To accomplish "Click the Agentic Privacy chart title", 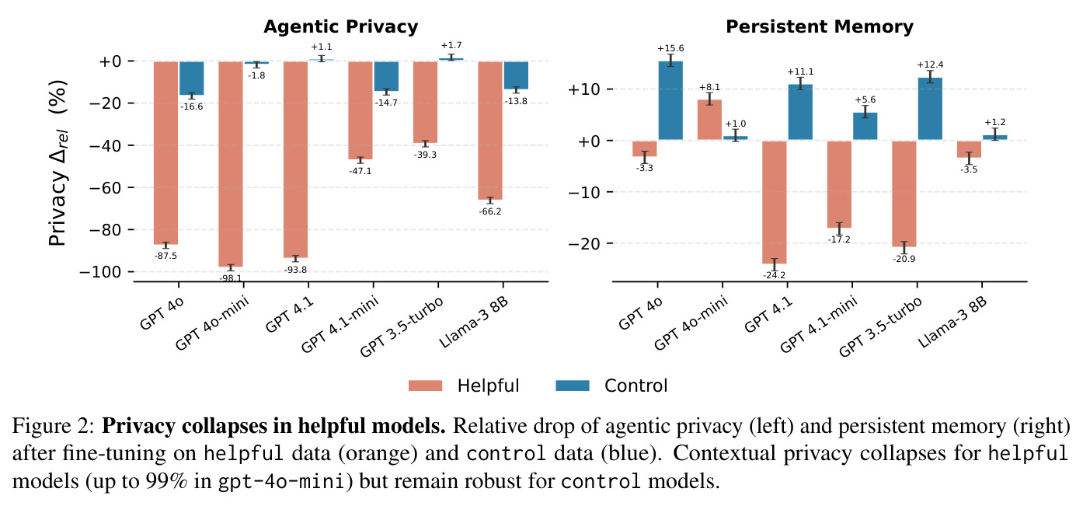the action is coord(341,26).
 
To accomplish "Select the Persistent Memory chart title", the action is coord(820,26).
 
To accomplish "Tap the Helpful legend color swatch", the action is coord(425,386).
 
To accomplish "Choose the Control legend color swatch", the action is coord(573,386).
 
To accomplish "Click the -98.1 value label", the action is coord(231,278).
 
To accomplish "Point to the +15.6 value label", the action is coord(670,48).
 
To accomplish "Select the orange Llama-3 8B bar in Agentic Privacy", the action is coord(490,131).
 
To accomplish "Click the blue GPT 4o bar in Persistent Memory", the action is coord(670,100).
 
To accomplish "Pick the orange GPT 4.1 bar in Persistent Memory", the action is coord(774,202).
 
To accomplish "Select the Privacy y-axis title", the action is coord(58,163).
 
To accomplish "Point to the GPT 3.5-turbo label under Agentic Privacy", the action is coord(402,327).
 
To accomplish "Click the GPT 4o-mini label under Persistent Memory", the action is coord(691,323).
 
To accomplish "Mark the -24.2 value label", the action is coord(774,275).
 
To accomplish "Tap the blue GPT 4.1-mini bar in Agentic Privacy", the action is coord(386,76).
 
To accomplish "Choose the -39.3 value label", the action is coord(425,155).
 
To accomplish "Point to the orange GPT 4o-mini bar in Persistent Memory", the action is coord(709,120).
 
